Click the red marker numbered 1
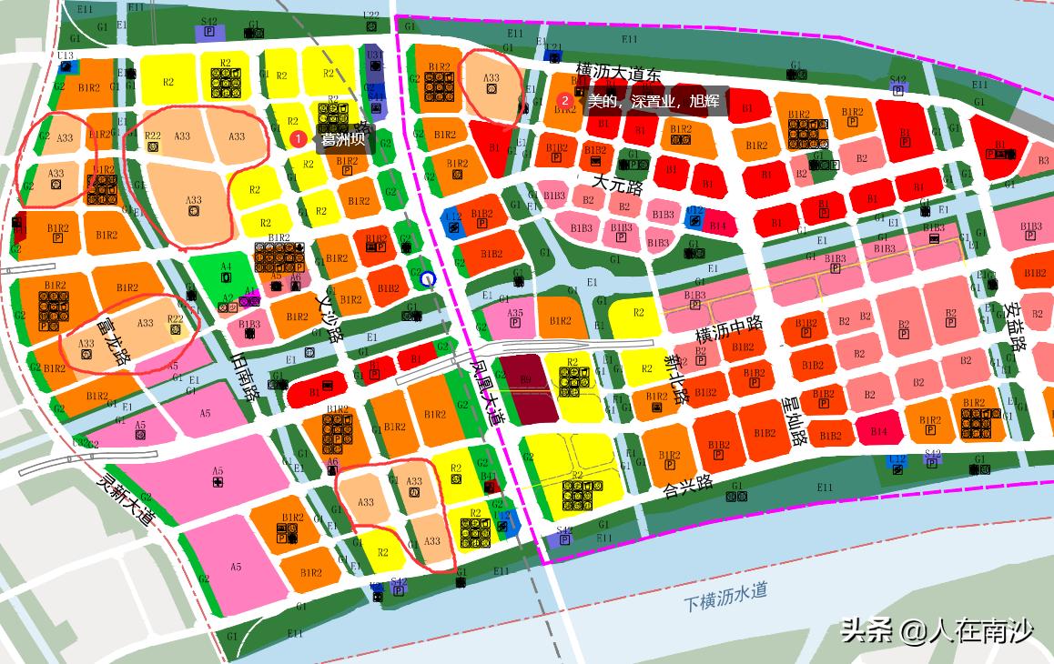pyautogui.click(x=298, y=139)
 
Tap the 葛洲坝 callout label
pyautogui.click(x=342, y=140)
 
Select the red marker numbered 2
pyautogui.click(x=565, y=101)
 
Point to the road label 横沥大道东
pyautogui.click(x=618, y=72)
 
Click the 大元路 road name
pyautogui.click(x=618, y=185)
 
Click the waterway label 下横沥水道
pyautogui.click(x=725, y=597)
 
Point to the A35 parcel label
pyautogui.click(x=515, y=314)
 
